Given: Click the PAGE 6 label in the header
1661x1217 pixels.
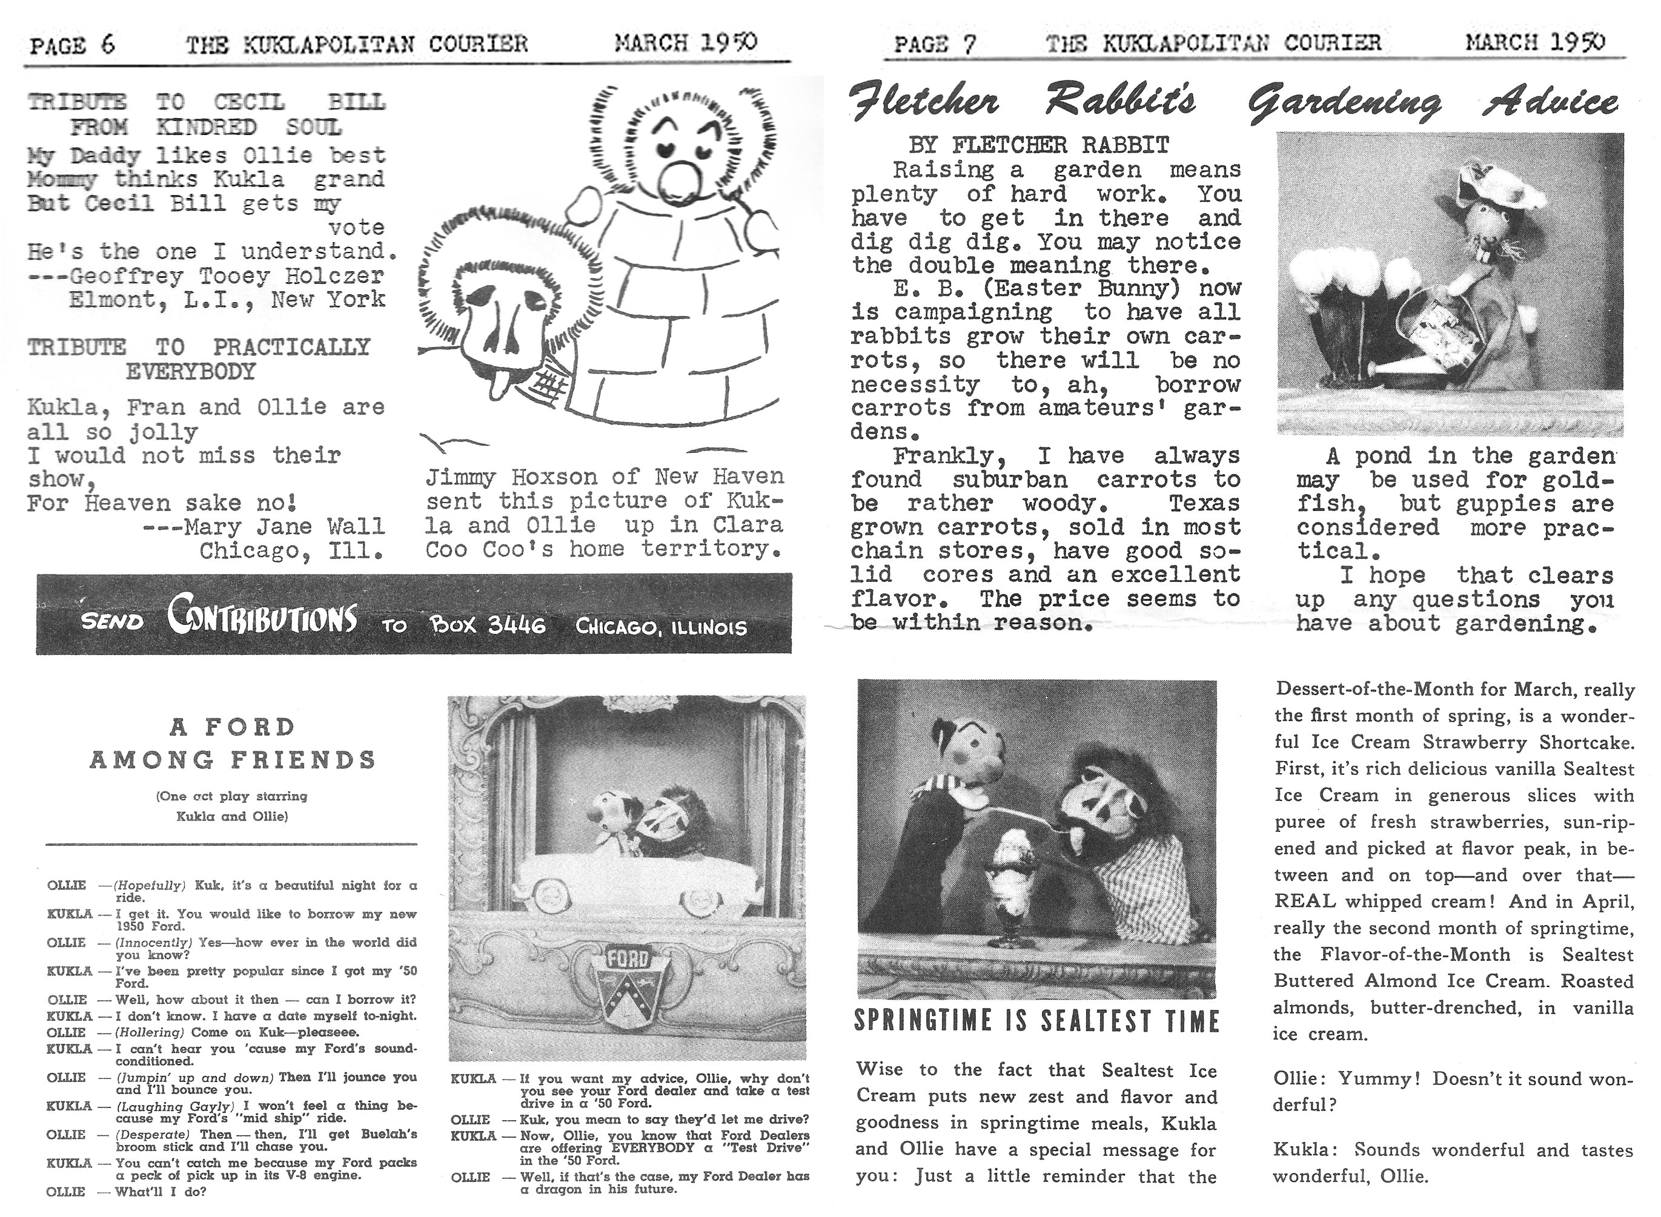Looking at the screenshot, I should (72, 45).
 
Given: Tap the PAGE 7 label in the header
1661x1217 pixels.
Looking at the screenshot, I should (935, 44).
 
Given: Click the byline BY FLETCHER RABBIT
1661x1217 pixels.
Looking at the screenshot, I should (1038, 145).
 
